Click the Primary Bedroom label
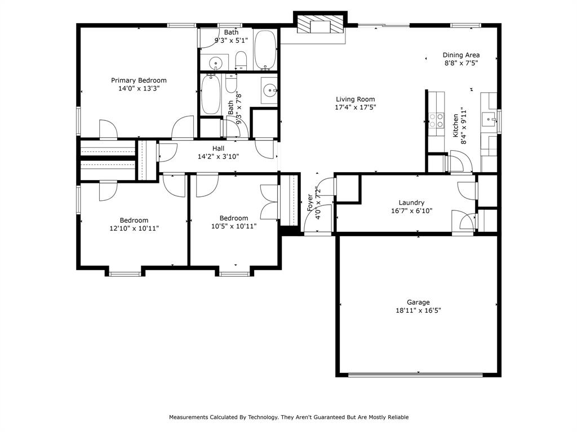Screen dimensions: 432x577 139,80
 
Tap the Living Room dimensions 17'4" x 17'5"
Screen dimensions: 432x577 355,107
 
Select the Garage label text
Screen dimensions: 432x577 418,302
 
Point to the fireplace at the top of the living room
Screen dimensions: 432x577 319,25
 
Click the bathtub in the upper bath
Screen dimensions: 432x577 265,49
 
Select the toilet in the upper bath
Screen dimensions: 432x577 241,59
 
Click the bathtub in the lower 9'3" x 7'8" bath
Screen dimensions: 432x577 212,94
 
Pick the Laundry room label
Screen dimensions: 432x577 411,202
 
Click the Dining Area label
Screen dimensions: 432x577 461,55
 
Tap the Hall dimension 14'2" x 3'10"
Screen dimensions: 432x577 218,157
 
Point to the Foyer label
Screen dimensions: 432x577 310,202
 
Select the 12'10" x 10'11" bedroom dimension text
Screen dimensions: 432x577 134,228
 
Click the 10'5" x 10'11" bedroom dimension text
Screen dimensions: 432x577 233,226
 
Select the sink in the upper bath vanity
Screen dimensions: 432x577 215,62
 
